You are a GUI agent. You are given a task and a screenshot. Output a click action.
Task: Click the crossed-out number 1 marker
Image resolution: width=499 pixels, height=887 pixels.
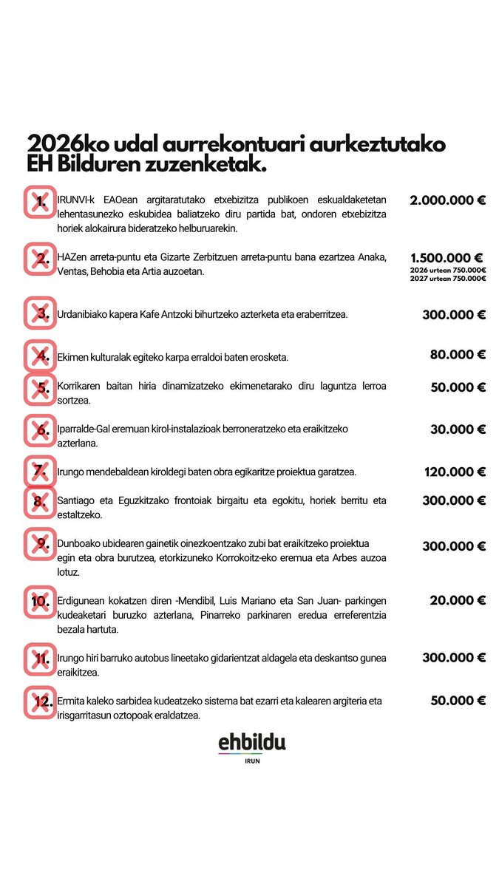pyautogui.click(x=41, y=202)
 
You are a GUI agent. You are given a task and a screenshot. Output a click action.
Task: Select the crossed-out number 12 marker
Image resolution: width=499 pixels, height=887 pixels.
pyautogui.click(x=41, y=702)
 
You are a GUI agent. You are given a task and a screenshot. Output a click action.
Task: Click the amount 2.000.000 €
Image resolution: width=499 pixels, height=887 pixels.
pyautogui.click(x=447, y=200)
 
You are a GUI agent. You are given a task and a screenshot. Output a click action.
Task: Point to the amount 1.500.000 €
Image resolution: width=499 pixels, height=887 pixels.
pyautogui.click(x=447, y=258)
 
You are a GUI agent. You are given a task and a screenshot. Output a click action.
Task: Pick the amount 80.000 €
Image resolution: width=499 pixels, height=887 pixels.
pyautogui.click(x=458, y=354)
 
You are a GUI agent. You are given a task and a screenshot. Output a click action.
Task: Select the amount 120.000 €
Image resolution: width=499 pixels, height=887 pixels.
pyautogui.click(x=454, y=472)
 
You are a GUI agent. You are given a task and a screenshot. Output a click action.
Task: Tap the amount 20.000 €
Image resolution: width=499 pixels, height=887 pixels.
pyautogui.click(x=458, y=600)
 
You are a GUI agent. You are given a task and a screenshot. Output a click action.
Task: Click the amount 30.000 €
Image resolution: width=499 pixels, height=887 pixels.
pyautogui.click(x=458, y=429)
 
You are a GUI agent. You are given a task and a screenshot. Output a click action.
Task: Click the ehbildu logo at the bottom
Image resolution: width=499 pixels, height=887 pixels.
pyautogui.click(x=251, y=743)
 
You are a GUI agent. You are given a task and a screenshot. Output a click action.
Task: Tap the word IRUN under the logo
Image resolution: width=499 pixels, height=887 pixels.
pyautogui.click(x=251, y=761)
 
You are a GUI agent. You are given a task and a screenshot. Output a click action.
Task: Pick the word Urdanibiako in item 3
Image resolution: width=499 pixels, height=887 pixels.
pyautogui.click(x=83, y=314)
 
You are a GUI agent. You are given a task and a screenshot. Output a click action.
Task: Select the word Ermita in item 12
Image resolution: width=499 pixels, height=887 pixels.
pyautogui.click(x=71, y=700)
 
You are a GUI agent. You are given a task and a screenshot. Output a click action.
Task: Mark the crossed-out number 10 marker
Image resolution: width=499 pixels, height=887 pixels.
pyautogui.click(x=41, y=600)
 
